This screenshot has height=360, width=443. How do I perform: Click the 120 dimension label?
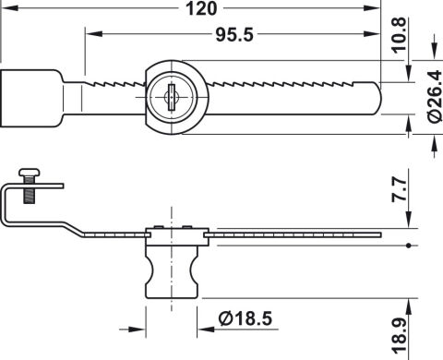(201, 8)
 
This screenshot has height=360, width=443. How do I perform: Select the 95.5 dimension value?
(234, 34)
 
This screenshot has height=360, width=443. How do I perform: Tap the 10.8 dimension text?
(399, 35)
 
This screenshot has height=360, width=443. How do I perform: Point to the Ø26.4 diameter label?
(435, 97)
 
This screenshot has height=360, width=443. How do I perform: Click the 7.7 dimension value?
(399, 190)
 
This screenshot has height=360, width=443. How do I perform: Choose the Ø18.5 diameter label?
(245, 318)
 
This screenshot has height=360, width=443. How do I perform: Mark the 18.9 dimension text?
(399, 335)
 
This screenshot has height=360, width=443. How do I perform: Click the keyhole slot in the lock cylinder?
(172, 97)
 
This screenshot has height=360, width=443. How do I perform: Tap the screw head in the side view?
(30, 173)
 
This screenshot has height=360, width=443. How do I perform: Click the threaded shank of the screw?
(30, 190)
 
